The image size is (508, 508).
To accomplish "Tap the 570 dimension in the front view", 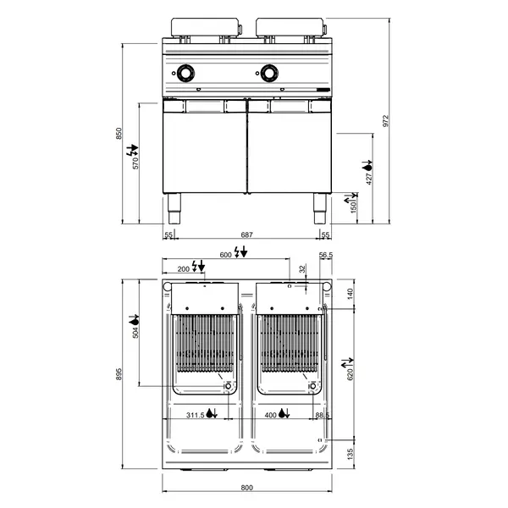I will coord(135,163).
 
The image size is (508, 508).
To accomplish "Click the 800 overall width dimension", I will coord(246,488).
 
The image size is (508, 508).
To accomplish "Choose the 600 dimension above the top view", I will coord(225,253).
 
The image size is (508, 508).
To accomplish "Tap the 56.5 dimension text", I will coord(325,254).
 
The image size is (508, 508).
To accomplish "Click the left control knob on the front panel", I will coord(185,73).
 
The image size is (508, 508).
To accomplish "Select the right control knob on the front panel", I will coord(270,73).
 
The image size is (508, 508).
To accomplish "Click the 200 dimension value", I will coord(184,268).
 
